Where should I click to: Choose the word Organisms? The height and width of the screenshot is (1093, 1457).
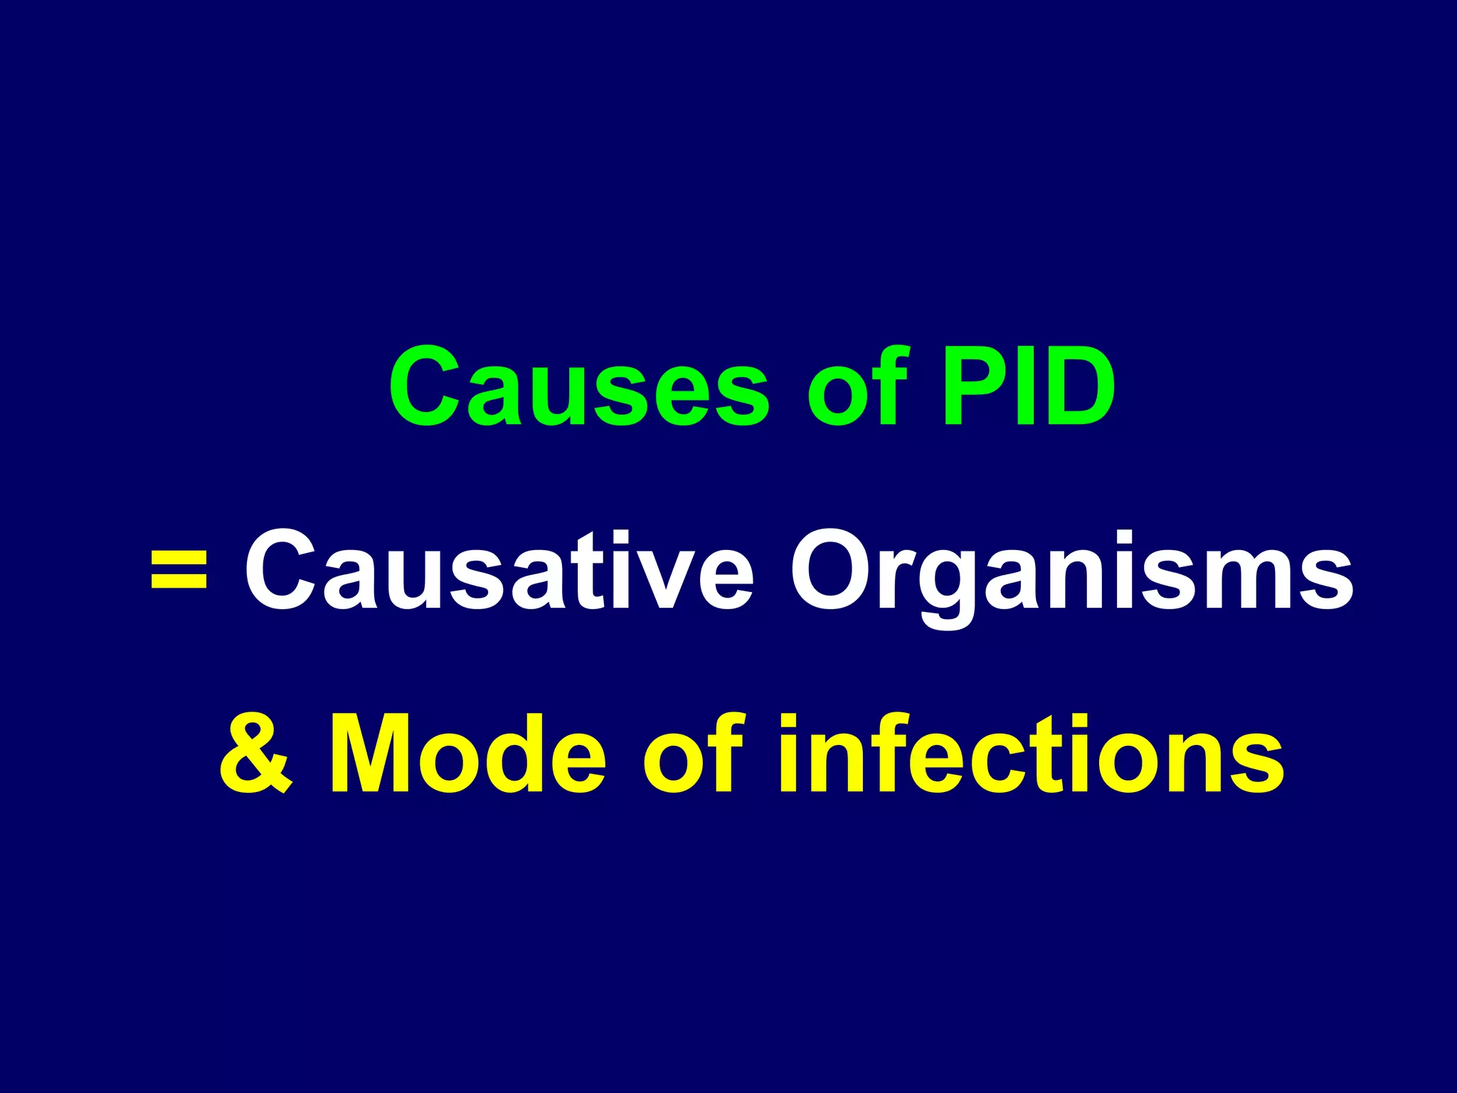1071,571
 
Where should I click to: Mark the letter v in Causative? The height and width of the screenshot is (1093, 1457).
669,580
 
